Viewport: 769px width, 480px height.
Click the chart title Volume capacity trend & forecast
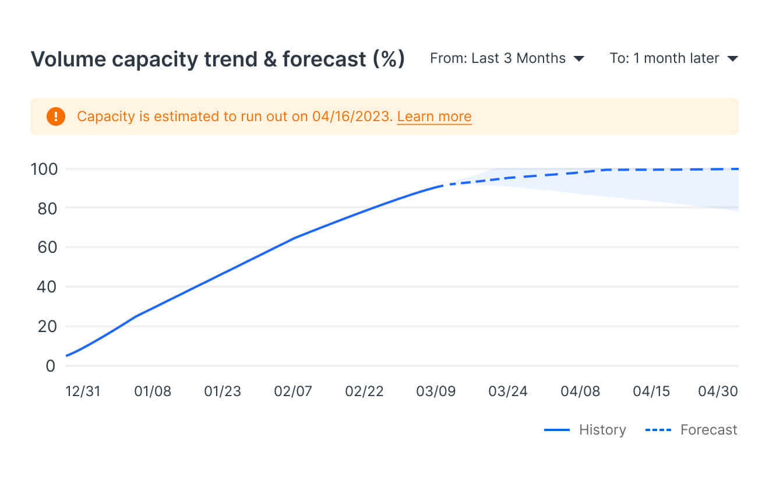pyautogui.click(x=217, y=59)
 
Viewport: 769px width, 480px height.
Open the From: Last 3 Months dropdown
pyautogui.click(x=507, y=58)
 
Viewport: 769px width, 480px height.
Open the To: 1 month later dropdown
pyautogui.click(x=673, y=58)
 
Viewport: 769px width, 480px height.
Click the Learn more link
pyautogui.click(x=434, y=117)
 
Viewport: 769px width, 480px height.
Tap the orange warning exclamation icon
pyautogui.click(x=56, y=117)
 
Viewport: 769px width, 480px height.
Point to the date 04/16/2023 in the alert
pyautogui.click(x=350, y=117)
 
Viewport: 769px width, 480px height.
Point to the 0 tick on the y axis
pyautogui.click(x=50, y=366)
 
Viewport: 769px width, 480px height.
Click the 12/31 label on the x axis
pyautogui.click(x=83, y=391)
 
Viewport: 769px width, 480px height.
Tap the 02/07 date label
pyautogui.click(x=293, y=391)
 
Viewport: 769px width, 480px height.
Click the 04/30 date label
pyautogui.click(x=718, y=391)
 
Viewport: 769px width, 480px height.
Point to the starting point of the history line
pyautogui.click(x=67, y=355)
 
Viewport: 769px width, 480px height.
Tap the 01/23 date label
pyautogui.click(x=223, y=391)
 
